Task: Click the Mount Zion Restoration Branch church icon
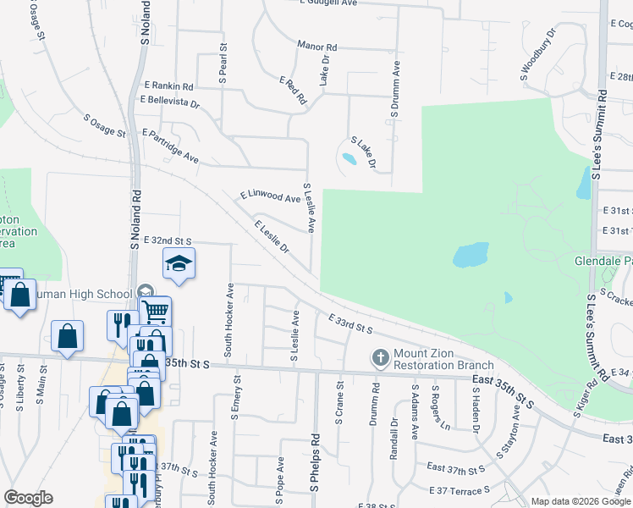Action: [380, 358]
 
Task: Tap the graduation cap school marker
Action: [179, 265]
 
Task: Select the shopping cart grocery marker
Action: [154, 312]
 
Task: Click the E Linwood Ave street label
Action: [270, 196]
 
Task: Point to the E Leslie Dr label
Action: [272, 237]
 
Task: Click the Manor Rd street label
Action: [317, 46]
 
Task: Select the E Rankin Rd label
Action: [168, 86]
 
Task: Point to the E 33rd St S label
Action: [350, 322]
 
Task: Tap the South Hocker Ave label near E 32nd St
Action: [229, 318]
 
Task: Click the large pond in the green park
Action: [471, 254]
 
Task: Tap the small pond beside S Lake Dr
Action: [349, 158]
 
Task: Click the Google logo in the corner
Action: [29, 498]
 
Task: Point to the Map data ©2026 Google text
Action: [581, 501]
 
